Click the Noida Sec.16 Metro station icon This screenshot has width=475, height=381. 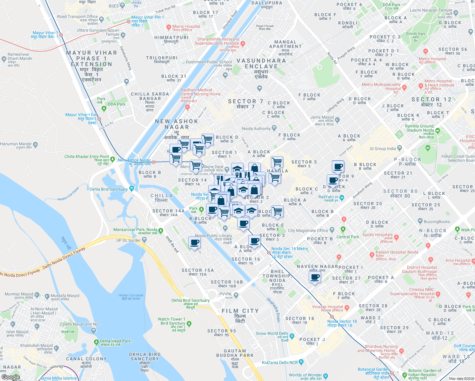click(269, 253)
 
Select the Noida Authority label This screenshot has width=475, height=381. click(256, 129)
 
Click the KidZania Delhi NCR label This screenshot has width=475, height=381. click(280, 363)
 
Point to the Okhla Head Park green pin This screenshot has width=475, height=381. click(96, 342)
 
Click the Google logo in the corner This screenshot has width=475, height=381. click(11, 377)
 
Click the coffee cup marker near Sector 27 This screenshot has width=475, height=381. click(315, 277)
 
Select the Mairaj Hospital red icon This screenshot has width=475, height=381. click(169, 27)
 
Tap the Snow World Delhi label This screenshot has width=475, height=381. click(272, 333)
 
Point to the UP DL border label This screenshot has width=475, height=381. click(128, 240)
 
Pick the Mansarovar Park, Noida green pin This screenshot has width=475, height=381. click(161, 231)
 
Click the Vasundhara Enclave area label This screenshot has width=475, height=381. click(261, 63)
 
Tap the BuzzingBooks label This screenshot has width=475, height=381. click(437, 222)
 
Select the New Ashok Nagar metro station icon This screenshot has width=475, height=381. click(153, 162)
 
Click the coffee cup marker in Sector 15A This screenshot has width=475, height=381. click(194, 243)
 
